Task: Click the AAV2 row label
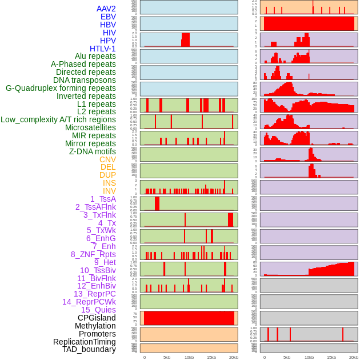coord(106,9)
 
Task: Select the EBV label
coord(108,17)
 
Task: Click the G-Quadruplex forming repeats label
coord(61,88)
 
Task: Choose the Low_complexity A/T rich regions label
coord(58,119)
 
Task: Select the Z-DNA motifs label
coord(93,151)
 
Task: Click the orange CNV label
coord(107,159)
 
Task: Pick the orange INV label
coord(109,191)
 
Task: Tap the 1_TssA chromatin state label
coord(103,199)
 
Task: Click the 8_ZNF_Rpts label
coord(93,254)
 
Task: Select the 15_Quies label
coord(98,310)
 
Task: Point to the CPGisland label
coord(97,318)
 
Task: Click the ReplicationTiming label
coord(84,342)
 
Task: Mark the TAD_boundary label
coord(89,349)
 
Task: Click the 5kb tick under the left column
coord(167,358)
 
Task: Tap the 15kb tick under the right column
coord(331,358)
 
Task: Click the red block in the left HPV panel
coord(185,39)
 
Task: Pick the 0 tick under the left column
coord(144,358)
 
